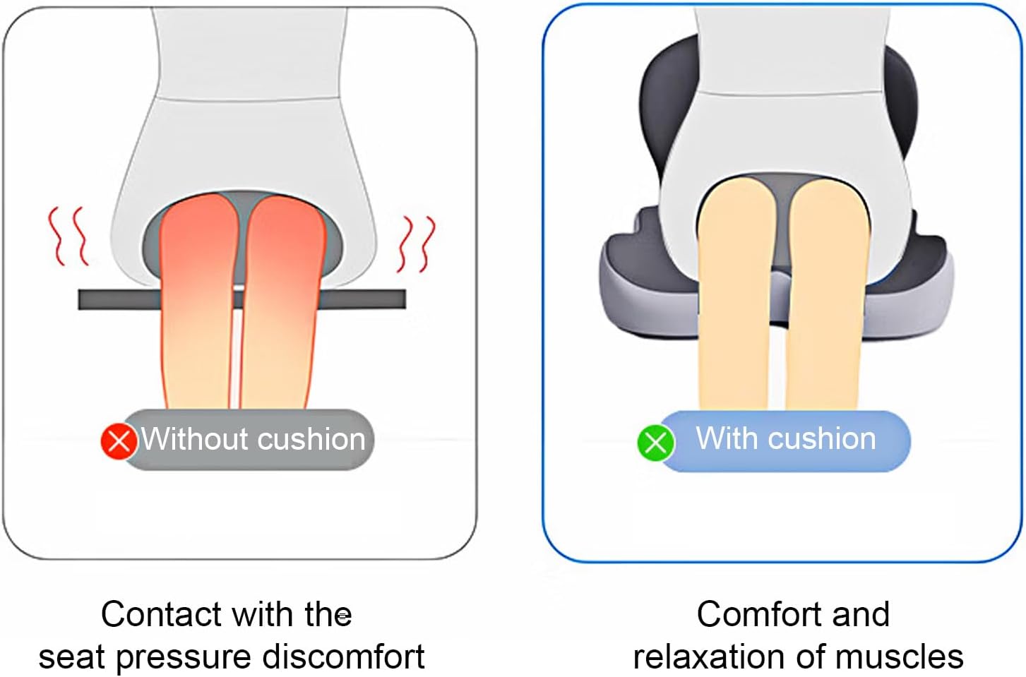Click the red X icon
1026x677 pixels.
[x=119, y=441]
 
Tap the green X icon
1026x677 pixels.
[x=655, y=443]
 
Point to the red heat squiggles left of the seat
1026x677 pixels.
[x=68, y=236]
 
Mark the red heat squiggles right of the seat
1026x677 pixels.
[x=417, y=244]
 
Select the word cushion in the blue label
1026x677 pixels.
[x=822, y=438]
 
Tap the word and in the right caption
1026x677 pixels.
[x=861, y=614]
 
